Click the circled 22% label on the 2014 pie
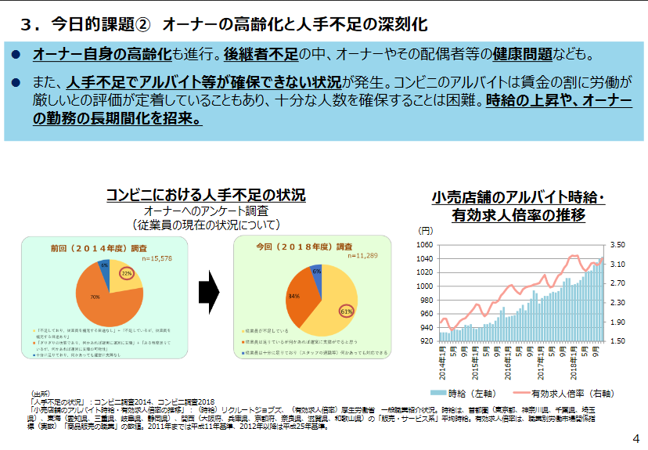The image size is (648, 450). [x=127, y=273]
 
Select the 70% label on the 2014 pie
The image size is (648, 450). [x=95, y=297]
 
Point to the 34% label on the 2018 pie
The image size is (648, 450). [x=294, y=297]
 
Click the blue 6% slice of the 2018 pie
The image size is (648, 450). [x=316, y=272]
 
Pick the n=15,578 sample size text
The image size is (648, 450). [x=156, y=257]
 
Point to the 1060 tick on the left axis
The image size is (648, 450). [x=425, y=245]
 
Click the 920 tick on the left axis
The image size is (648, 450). [x=425, y=341]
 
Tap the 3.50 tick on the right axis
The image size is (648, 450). [x=618, y=245]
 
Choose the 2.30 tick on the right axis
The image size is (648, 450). [x=618, y=303]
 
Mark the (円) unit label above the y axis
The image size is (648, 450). [x=426, y=231]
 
